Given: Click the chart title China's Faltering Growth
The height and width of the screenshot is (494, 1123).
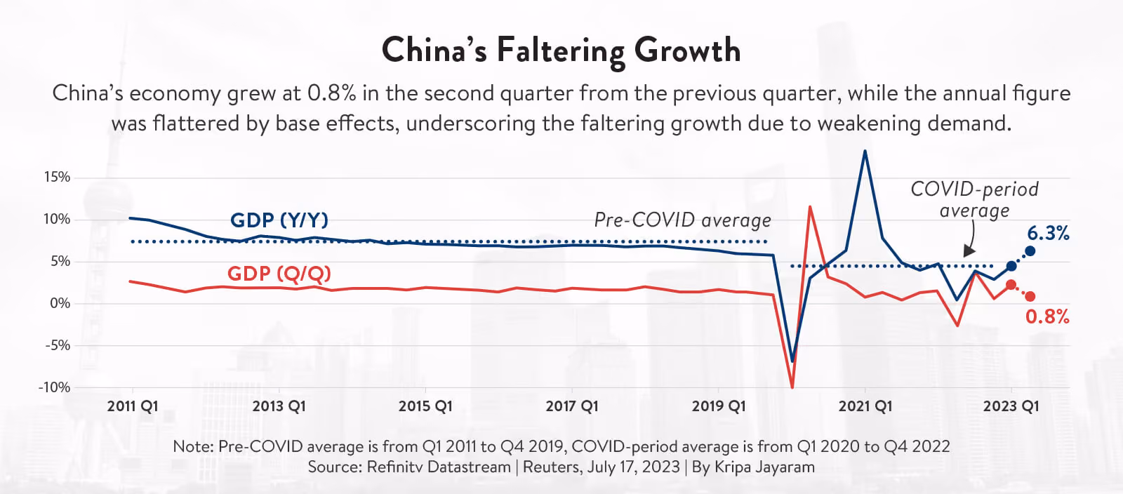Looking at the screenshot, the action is pyautogui.click(x=561, y=51).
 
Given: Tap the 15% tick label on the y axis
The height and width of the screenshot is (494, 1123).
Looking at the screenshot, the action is pyautogui.click(x=57, y=178).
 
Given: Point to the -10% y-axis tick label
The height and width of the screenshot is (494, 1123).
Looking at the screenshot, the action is pyautogui.click(x=54, y=387).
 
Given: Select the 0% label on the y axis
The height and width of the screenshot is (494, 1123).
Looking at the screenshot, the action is pyautogui.click(x=60, y=303).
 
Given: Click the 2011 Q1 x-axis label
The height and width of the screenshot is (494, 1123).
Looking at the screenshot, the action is pyautogui.click(x=133, y=406).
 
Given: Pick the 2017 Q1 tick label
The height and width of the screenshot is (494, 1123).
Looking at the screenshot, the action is pyautogui.click(x=572, y=406).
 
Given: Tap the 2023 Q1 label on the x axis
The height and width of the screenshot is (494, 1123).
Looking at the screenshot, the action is pyautogui.click(x=1011, y=406).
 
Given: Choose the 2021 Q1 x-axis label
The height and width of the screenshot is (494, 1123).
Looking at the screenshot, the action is pyautogui.click(x=865, y=406).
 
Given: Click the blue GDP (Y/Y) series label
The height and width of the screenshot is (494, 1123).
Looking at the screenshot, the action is pyautogui.click(x=279, y=220).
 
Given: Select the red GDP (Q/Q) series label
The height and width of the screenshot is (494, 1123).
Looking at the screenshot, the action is pyautogui.click(x=279, y=274).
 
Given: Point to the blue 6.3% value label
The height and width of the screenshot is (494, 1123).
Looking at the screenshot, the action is pyautogui.click(x=1049, y=233).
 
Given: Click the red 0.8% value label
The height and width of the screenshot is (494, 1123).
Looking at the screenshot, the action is pyautogui.click(x=1047, y=316).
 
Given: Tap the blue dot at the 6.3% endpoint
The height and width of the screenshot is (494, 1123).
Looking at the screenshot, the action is pyautogui.click(x=1030, y=251).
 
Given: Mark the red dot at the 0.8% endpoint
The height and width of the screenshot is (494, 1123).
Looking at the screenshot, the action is pyautogui.click(x=1030, y=297).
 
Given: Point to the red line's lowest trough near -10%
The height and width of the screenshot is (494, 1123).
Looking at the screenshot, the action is pyautogui.click(x=792, y=387).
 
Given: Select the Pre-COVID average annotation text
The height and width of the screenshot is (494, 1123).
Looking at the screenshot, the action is pyautogui.click(x=683, y=220).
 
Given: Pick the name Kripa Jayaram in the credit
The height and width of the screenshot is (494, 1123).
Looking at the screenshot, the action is pyautogui.click(x=764, y=467).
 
